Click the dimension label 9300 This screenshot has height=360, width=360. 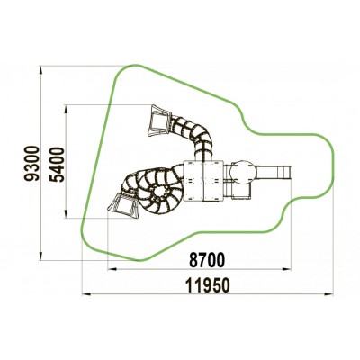click(x=31, y=163)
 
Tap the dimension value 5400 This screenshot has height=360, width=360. click(x=58, y=165)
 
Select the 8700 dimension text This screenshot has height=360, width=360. click(x=207, y=260)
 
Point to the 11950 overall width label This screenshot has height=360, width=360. click(x=208, y=285)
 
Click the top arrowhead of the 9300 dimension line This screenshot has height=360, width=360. click(x=40, y=70)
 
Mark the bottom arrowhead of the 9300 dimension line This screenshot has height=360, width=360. click(x=40, y=256)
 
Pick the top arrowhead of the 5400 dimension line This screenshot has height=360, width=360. click(x=66, y=109)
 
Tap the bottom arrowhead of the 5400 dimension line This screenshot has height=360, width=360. click(x=66, y=213)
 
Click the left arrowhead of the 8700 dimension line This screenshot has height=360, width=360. click(x=112, y=270)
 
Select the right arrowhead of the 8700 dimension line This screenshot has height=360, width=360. click(x=287, y=270)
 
